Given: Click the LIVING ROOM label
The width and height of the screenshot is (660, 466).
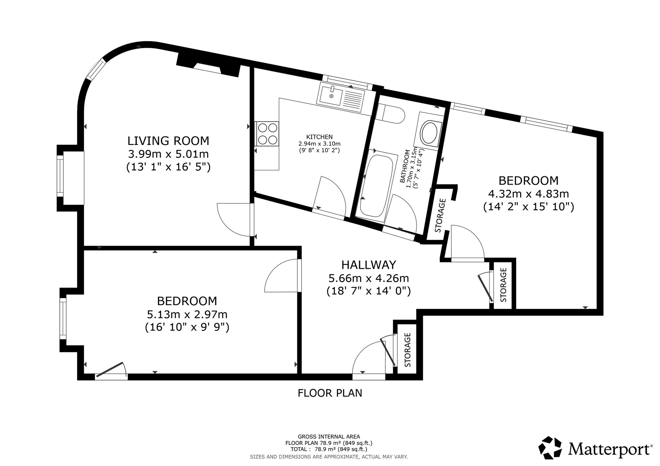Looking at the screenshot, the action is pos(168,141).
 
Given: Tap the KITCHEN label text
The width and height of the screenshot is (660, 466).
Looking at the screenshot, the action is pos(319,137).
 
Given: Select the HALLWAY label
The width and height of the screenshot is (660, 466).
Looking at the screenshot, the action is pos(369,265).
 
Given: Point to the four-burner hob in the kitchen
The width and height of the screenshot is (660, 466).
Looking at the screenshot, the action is pos(267,134).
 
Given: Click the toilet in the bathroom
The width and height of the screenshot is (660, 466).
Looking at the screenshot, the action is pos(391,114).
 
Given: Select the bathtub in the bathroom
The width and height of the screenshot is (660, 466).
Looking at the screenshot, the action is pos(376,186).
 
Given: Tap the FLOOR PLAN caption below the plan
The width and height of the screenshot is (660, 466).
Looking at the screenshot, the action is pos(330,393).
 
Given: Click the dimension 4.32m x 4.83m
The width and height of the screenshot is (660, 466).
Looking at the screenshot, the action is pos(528,194).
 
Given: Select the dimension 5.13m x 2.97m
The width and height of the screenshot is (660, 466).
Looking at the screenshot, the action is pos(187,314).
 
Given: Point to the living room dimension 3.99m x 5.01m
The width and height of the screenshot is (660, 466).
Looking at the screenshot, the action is pos(168,154).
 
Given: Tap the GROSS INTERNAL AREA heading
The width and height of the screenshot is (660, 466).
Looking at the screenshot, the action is pos(329,437).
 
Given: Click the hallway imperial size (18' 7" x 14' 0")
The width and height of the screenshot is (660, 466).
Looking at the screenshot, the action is pos(369,291).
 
